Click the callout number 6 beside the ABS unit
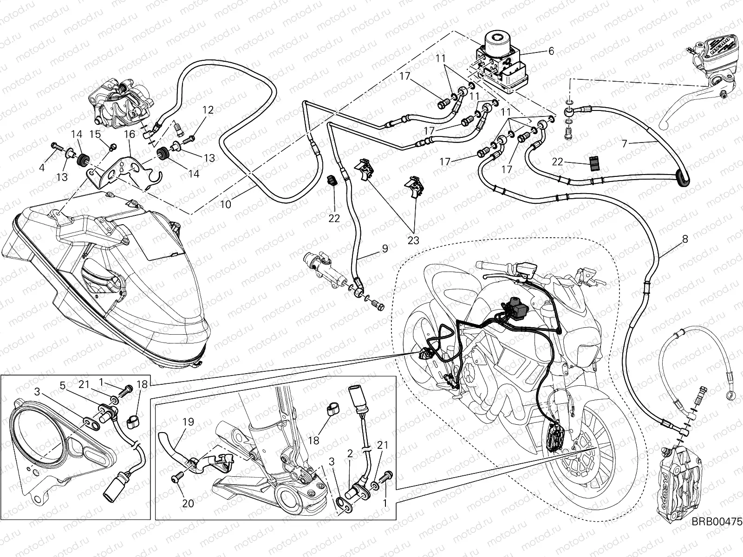click(551, 52)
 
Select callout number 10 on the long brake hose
click(226, 204)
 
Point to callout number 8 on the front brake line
click(685, 240)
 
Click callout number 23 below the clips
click(413, 240)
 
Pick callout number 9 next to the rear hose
click(385, 248)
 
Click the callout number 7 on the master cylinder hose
click(625, 143)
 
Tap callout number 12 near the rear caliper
click(208, 110)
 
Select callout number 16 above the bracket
click(130, 134)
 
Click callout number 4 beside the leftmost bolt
click(42, 168)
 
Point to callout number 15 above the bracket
click(95, 134)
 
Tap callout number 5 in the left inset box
click(62, 385)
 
